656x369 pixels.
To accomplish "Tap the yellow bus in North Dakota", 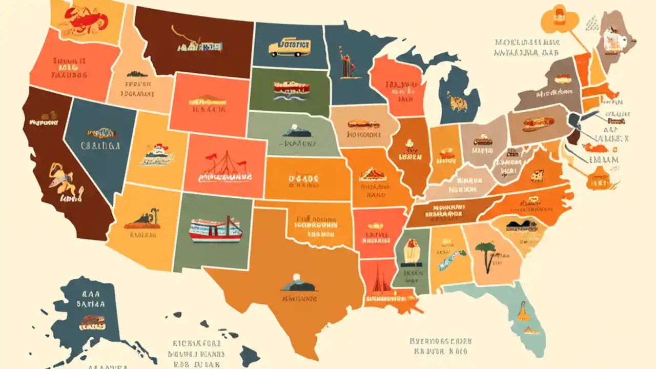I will (289, 47).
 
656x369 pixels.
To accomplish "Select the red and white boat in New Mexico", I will (215, 229).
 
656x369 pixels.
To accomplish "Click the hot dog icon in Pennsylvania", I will (538, 123).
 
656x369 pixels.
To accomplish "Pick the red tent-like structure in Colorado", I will (224, 163).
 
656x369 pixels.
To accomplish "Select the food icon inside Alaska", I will (92, 322).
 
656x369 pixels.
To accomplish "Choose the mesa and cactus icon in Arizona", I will (143, 220).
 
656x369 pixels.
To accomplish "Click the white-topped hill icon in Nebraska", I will (296, 131).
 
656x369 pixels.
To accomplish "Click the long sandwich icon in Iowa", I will (363, 125).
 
